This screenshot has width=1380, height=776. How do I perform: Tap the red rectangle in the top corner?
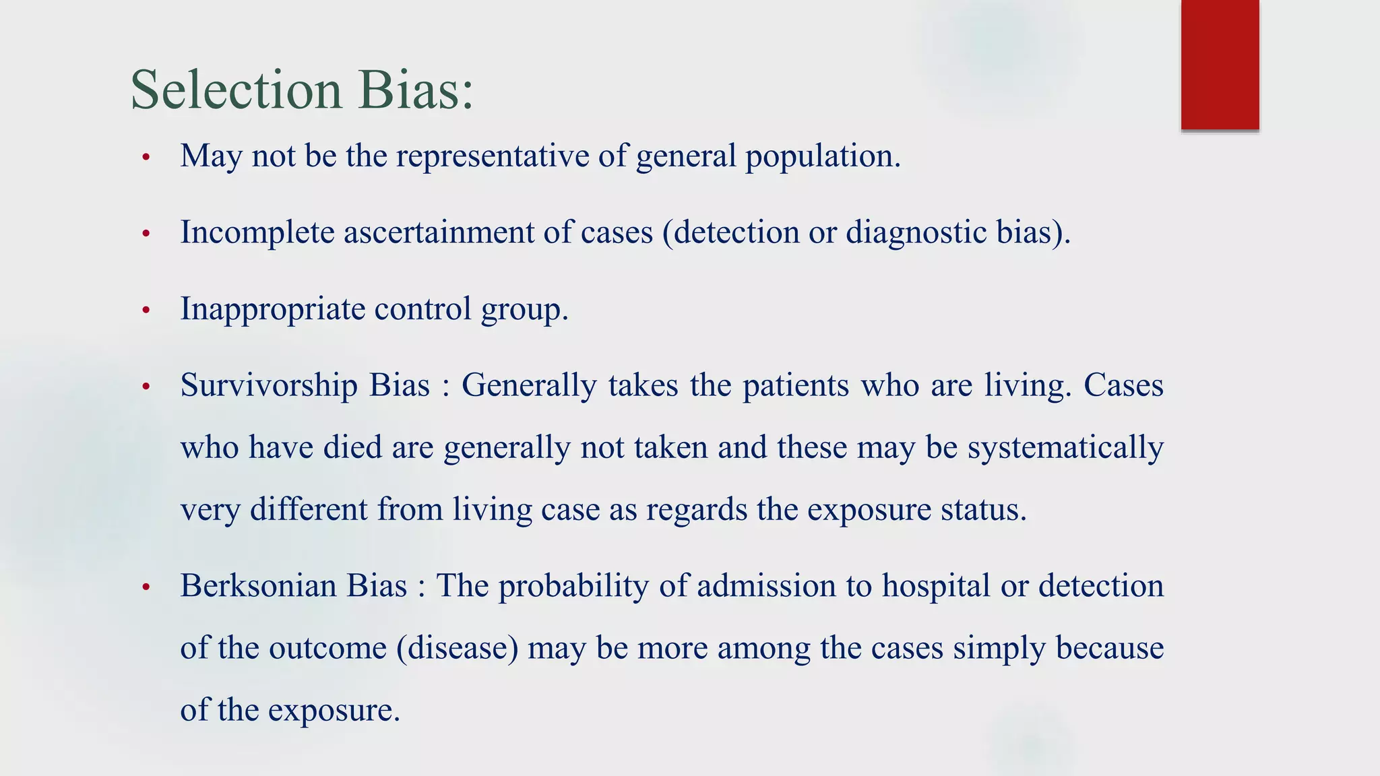[1220, 64]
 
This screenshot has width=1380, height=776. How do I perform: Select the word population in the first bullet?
[822, 156]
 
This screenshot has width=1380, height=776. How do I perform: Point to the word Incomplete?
[257, 232]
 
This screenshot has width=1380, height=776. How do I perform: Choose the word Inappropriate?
[272, 309]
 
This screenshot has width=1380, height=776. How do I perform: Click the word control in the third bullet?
[422, 309]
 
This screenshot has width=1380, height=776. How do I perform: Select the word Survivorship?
[269, 386]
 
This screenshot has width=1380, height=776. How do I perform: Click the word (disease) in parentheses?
[458, 648]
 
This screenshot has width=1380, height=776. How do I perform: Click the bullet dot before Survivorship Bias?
[146, 387]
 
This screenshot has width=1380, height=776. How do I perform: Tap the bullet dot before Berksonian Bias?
[146, 587]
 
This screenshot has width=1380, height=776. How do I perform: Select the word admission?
[766, 585]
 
